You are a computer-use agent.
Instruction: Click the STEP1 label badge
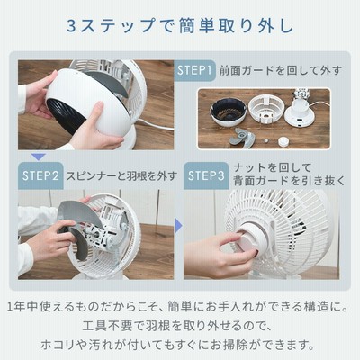[194, 70]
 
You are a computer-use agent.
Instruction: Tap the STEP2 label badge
[40, 175]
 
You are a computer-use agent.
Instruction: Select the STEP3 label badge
[206, 175]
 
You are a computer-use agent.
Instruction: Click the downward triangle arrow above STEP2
[39, 157]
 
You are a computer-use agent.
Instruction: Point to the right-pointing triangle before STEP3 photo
[178, 225]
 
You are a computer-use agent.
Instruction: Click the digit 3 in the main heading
[73, 26]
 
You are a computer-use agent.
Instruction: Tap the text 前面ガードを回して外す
[281, 71]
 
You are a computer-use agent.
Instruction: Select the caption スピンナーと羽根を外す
[121, 175]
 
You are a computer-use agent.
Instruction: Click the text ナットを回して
[273, 168]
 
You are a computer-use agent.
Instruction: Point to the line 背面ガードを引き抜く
[290, 181]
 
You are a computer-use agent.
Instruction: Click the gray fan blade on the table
[242, 139]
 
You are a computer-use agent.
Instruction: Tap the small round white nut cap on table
[283, 141]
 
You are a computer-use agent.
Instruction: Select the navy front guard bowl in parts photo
[229, 112]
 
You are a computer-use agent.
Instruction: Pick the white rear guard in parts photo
[265, 110]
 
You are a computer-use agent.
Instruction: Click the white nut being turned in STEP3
[251, 241]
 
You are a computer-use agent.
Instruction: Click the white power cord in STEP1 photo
[156, 126]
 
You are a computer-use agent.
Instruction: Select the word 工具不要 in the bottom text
[107, 326]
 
